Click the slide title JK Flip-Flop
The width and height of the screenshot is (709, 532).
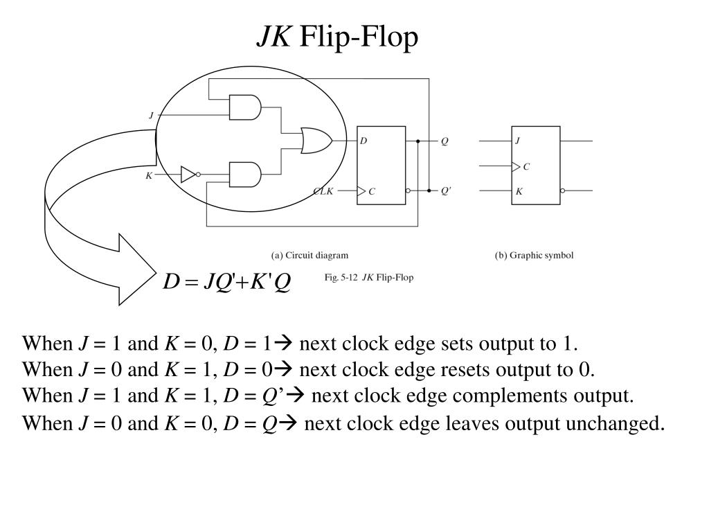click(338, 37)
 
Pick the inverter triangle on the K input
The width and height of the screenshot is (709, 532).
click(188, 175)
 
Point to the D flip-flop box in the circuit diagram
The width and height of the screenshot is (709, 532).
click(381, 165)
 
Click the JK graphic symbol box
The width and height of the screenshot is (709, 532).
click(535, 165)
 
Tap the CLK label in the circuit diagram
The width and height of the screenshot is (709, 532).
click(323, 191)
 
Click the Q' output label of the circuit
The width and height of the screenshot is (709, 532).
click(446, 191)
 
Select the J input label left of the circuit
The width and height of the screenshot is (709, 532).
click(151, 116)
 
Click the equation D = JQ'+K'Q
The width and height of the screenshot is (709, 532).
click(227, 282)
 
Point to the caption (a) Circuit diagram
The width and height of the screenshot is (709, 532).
click(309, 255)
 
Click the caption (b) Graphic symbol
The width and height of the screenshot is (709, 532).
click(534, 255)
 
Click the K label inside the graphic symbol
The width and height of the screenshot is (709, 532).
click(519, 191)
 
